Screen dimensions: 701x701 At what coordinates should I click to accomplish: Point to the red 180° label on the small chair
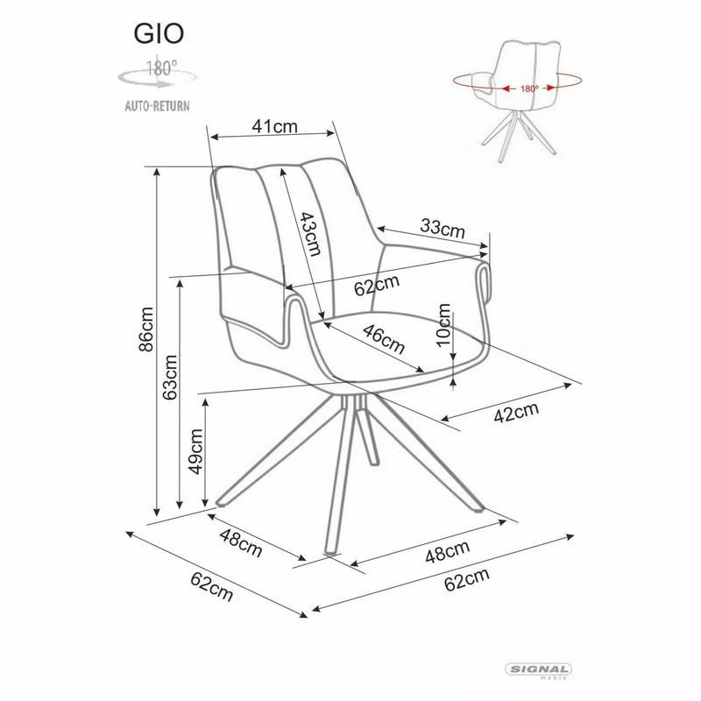(x=528, y=89)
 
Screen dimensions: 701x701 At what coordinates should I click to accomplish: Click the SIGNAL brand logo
(x=539, y=669)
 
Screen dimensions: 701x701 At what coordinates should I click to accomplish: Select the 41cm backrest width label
(x=275, y=126)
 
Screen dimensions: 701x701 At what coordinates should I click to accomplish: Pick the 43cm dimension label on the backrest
(x=306, y=234)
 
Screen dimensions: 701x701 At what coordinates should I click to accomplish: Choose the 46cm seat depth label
(x=384, y=339)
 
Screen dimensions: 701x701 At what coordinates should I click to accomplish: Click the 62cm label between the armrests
(x=378, y=285)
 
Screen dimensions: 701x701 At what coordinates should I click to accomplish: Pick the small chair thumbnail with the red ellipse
(x=520, y=96)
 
